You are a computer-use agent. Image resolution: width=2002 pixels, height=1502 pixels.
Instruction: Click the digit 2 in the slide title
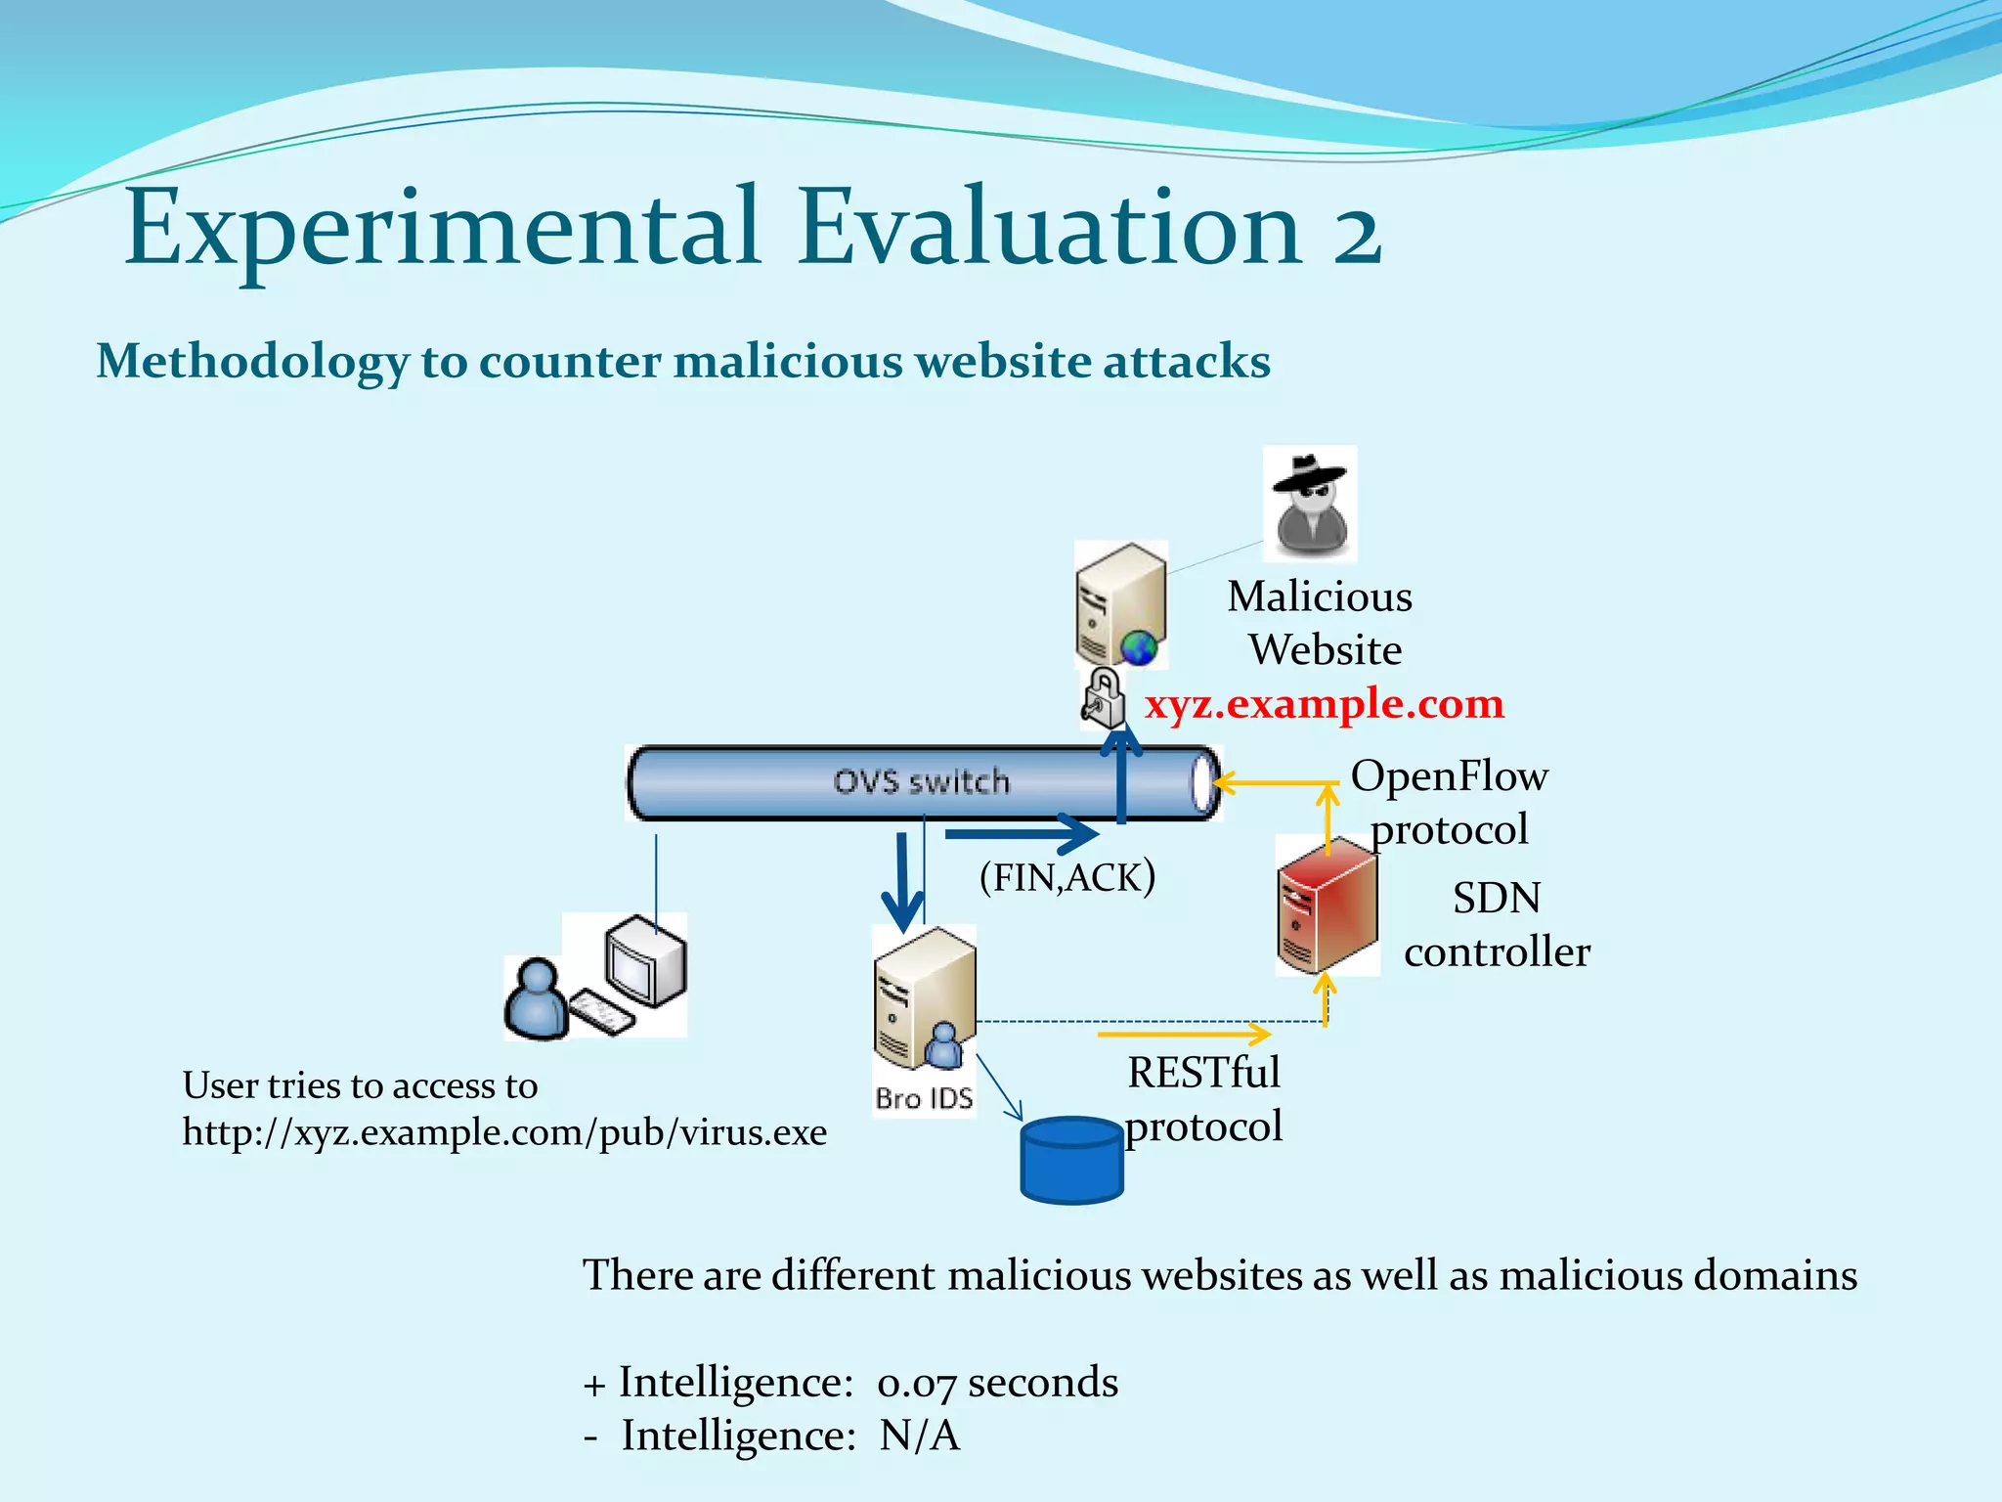tap(1356, 235)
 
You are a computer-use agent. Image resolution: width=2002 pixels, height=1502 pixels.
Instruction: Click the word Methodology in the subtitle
tap(251, 362)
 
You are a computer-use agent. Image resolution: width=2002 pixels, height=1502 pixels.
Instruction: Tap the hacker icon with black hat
tap(1310, 504)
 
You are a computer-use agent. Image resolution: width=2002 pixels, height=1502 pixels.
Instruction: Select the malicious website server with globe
tap(1121, 604)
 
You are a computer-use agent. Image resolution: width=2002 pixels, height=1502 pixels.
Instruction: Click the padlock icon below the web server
tap(1103, 697)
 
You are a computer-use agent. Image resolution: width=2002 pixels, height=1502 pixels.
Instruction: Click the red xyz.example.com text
tap(1324, 704)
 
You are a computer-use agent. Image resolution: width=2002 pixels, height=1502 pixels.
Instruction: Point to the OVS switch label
tap(921, 782)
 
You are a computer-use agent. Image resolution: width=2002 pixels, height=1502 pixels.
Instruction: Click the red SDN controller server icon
tap(1327, 906)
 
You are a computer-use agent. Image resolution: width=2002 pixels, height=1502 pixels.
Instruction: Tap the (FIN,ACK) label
tap(1067, 877)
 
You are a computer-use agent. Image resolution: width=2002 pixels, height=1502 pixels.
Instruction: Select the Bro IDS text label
tap(924, 1099)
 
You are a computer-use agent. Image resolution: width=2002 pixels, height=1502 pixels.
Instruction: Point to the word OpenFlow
tap(1449, 776)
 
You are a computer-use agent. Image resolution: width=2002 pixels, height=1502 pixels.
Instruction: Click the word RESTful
tap(1203, 1073)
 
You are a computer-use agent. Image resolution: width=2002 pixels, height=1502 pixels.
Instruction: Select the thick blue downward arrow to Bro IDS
tap(901, 880)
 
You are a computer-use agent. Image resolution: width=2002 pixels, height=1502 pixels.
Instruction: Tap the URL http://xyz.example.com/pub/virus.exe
tap(504, 1132)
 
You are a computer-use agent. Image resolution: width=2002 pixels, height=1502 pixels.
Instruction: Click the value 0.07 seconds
tap(997, 1383)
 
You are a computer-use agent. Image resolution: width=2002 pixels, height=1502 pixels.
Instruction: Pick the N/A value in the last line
tap(919, 1436)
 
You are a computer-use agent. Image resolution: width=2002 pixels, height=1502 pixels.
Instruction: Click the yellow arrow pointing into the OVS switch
tap(1271, 782)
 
